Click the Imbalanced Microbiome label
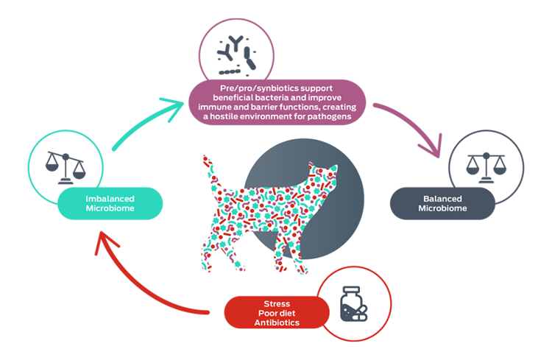point(109,203)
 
